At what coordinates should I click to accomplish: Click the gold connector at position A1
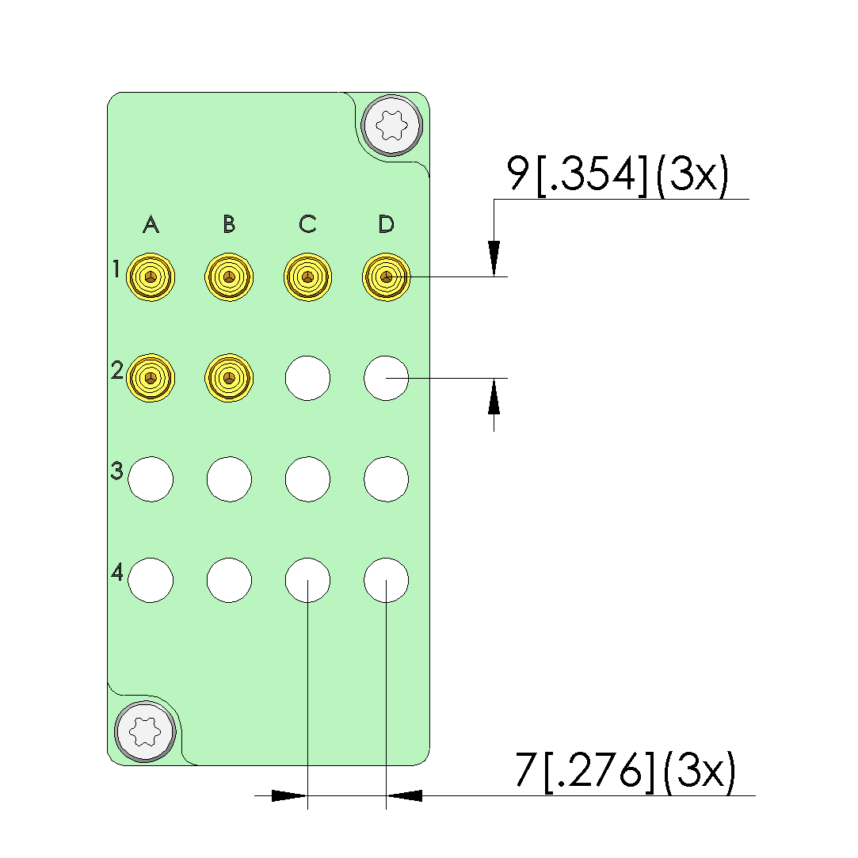tap(151, 276)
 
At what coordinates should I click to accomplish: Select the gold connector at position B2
tap(229, 378)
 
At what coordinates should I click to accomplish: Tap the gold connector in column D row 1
tap(387, 276)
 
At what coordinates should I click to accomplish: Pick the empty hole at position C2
tap(307, 378)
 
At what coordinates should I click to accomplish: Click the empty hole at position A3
tap(151, 479)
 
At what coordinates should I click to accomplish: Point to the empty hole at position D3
tap(387, 479)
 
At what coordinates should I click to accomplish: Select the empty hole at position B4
tap(229, 581)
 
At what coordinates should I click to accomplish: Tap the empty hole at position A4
tap(151, 581)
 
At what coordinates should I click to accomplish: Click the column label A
tap(151, 223)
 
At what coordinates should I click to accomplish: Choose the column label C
tap(307, 223)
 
